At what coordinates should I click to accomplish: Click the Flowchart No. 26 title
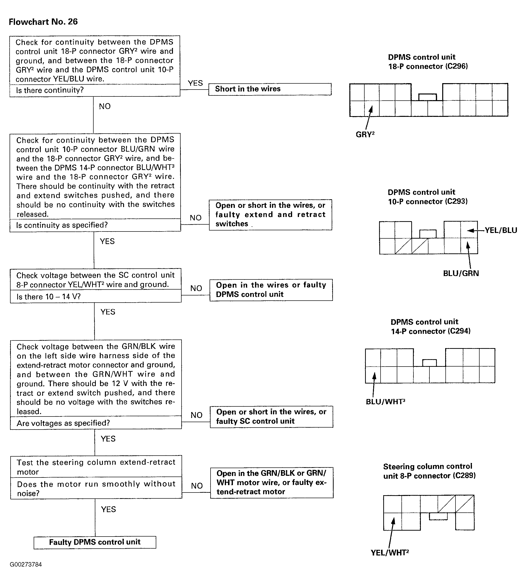pyautogui.click(x=43, y=22)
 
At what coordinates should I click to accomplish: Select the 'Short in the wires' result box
pyautogui.click(x=270, y=89)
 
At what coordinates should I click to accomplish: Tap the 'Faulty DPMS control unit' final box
pyautogui.click(x=95, y=542)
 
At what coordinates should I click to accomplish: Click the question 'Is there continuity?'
pyautogui.click(x=50, y=90)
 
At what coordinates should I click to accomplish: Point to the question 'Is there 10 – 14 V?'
pyautogui.click(x=48, y=296)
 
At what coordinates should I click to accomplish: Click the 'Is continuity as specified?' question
pyautogui.click(x=62, y=225)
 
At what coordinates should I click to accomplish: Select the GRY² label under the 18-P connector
pyautogui.click(x=365, y=135)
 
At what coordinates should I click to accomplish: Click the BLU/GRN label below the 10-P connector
pyautogui.click(x=461, y=273)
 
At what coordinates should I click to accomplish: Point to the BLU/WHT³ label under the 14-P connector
pyautogui.click(x=385, y=401)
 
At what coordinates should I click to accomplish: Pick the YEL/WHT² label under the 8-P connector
pyautogui.click(x=390, y=553)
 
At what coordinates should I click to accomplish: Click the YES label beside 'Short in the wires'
pyautogui.click(x=195, y=83)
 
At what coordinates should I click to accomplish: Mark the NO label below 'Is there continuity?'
pyautogui.click(x=105, y=107)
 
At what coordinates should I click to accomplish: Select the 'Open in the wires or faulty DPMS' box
pyautogui.click(x=271, y=290)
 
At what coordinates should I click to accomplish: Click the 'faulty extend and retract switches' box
pyautogui.click(x=270, y=215)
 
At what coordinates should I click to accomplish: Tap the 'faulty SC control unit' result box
pyautogui.click(x=271, y=417)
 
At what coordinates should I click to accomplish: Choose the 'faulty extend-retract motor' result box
pyautogui.click(x=272, y=483)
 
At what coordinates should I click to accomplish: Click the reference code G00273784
pyautogui.click(x=26, y=564)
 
